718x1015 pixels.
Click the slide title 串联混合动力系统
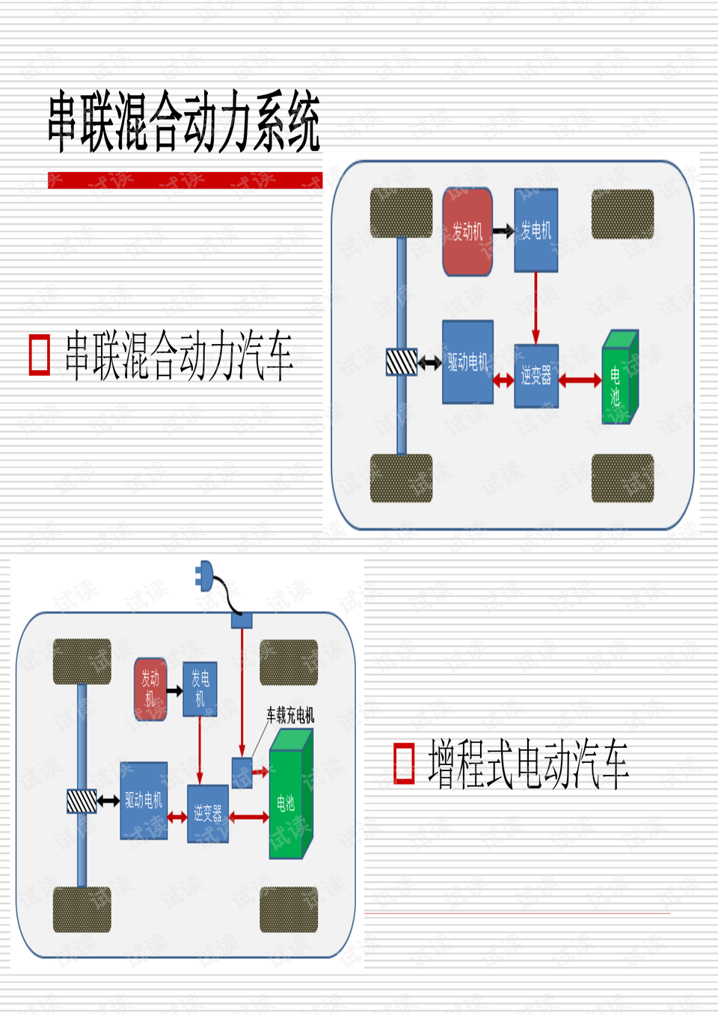(x=184, y=122)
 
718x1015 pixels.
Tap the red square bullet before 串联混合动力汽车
(x=39, y=355)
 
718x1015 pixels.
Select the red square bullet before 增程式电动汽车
(x=404, y=764)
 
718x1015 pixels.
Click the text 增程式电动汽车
(x=528, y=764)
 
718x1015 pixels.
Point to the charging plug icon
(x=204, y=576)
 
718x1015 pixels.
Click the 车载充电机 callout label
(x=290, y=715)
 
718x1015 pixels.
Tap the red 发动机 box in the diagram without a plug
(x=467, y=231)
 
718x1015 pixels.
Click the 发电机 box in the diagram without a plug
(x=536, y=230)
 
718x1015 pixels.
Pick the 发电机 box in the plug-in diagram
(x=200, y=688)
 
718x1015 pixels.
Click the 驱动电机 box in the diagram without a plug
(x=467, y=362)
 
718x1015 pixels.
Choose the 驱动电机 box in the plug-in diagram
(x=144, y=800)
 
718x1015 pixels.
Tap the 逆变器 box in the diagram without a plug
(x=536, y=376)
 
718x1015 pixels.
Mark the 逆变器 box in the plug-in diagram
(x=208, y=813)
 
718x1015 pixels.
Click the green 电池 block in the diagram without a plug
(x=619, y=378)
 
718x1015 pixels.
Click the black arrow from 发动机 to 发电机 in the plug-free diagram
(x=503, y=231)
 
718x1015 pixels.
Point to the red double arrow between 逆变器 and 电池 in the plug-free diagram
(x=580, y=381)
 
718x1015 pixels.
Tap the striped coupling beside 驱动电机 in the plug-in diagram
(x=82, y=801)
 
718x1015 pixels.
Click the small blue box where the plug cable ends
(x=242, y=620)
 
